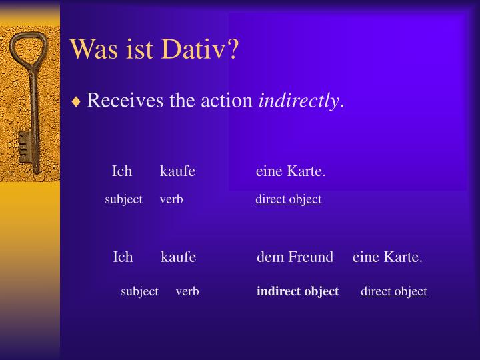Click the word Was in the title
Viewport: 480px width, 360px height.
[93, 49]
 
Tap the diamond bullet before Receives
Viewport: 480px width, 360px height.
[77, 102]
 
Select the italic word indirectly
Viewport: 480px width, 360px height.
[299, 101]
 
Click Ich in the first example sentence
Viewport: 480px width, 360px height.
[122, 171]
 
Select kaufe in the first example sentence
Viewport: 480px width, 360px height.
[177, 171]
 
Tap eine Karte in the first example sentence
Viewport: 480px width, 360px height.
[290, 171]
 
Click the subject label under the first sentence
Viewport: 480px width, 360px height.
[123, 199]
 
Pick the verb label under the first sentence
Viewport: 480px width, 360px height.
[171, 199]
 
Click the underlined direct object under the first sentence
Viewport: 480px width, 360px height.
[288, 199]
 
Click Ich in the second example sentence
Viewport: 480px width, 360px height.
[123, 257]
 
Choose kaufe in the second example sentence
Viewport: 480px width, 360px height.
[178, 257]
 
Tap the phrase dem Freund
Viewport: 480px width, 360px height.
[295, 257]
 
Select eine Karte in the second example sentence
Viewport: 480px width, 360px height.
[387, 257]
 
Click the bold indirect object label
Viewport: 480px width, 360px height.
[297, 291]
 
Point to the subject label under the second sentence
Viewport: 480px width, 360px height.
[139, 291]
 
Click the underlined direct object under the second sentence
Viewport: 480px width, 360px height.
[394, 291]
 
